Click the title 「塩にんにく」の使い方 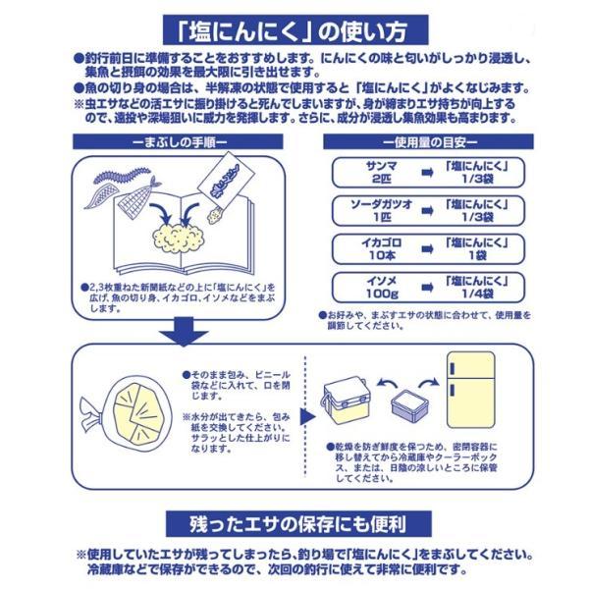295,30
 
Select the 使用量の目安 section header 428,142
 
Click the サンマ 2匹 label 381,173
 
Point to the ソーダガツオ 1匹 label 381,211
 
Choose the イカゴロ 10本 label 381,249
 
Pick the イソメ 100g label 381,288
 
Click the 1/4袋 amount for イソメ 477,294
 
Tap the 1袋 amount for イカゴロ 477,255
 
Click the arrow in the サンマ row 427,173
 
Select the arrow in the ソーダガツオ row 427,211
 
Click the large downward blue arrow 184,332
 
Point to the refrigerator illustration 470,390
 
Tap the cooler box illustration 345,399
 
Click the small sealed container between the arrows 409,405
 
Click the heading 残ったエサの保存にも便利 298,524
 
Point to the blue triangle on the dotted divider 308,417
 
